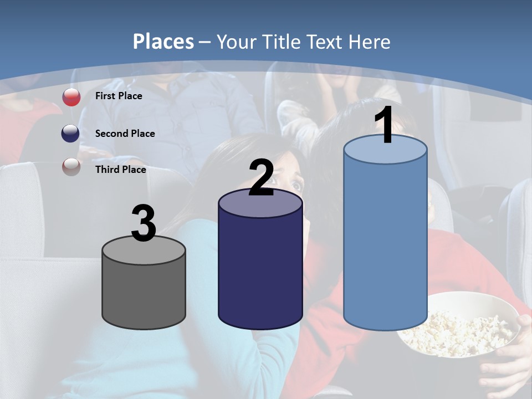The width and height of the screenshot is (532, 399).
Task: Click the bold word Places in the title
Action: [x=163, y=42]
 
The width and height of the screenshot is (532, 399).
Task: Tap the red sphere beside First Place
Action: [x=71, y=97]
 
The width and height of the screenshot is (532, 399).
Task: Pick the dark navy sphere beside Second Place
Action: [x=70, y=134]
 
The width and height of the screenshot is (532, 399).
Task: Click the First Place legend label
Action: [x=119, y=96]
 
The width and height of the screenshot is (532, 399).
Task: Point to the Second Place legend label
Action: [x=125, y=134]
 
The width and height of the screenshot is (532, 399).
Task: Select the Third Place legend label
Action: [x=120, y=170]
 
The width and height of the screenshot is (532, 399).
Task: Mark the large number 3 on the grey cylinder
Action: [x=144, y=223]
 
